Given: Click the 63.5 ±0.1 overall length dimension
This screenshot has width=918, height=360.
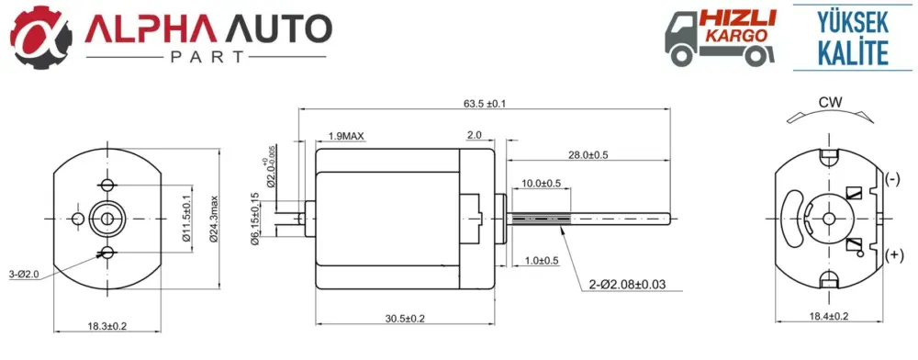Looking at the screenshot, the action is click(484, 104).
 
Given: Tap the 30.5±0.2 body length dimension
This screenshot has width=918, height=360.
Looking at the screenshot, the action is click(405, 319).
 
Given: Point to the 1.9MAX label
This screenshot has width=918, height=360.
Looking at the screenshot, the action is click(346, 136).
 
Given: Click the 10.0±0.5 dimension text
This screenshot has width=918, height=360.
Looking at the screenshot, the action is click(541, 184).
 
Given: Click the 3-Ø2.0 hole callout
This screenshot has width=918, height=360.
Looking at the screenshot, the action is click(24, 274).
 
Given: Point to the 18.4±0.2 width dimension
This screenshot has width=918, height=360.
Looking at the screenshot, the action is click(828, 316).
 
